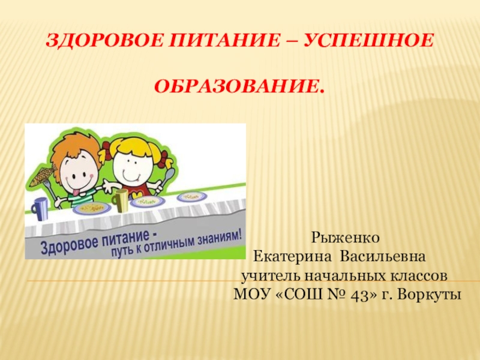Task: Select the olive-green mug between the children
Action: (122, 200)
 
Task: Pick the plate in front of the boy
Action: (91, 208)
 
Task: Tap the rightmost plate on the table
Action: (192, 196)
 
